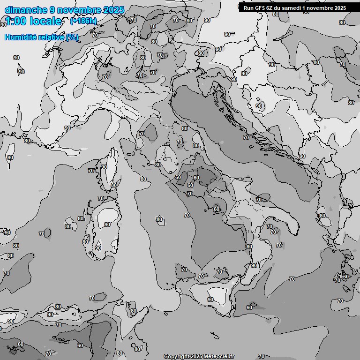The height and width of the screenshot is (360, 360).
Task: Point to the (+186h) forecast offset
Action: tap(83, 21)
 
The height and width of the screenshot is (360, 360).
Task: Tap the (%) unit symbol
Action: tap(72, 37)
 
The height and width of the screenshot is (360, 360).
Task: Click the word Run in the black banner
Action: tap(248, 7)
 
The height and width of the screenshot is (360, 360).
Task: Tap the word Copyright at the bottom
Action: tap(177, 356)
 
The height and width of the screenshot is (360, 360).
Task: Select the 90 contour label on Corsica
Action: tap(104, 167)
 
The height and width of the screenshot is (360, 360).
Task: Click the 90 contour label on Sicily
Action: tap(210, 300)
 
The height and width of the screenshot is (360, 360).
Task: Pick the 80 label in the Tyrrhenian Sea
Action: tap(159, 219)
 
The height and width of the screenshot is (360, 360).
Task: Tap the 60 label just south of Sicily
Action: tap(249, 307)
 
